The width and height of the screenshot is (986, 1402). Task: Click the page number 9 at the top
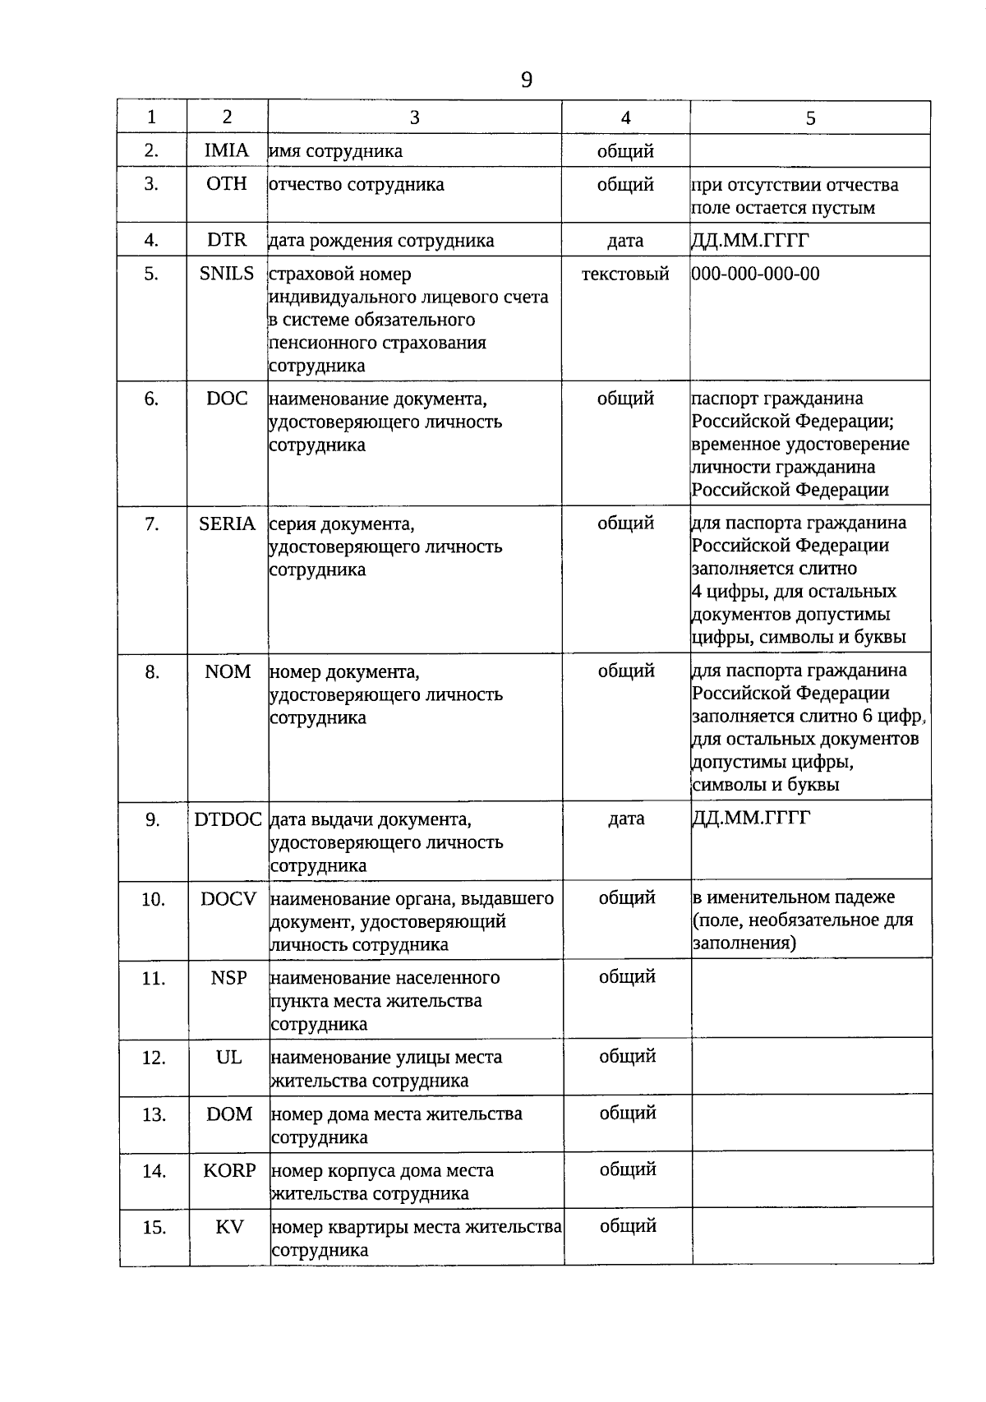(526, 81)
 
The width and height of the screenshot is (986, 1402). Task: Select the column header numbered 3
(414, 118)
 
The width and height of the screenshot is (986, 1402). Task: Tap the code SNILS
(227, 274)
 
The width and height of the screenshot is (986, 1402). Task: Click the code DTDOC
(228, 819)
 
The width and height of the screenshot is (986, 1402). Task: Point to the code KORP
(229, 1170)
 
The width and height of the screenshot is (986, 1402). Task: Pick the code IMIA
(227, 150)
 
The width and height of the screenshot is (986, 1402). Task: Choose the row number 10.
(153, 899)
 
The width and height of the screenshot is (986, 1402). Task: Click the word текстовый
(625, 274)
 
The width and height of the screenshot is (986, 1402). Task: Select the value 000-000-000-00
(756, 274)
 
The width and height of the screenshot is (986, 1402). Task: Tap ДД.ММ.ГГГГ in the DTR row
(750, 240)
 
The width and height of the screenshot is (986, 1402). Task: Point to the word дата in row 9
(626, 819)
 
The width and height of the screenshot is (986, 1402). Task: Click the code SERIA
(228, 523)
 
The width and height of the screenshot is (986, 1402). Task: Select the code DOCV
(228, 898)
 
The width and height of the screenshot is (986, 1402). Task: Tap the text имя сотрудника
(336, 151)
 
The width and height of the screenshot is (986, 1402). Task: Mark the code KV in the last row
(229, 1227)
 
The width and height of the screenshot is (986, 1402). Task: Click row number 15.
(154, 1228)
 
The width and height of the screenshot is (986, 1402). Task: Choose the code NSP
(228, 978)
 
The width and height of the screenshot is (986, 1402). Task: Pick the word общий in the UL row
(627, 1056)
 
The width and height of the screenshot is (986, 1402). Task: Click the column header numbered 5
(810, 118)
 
